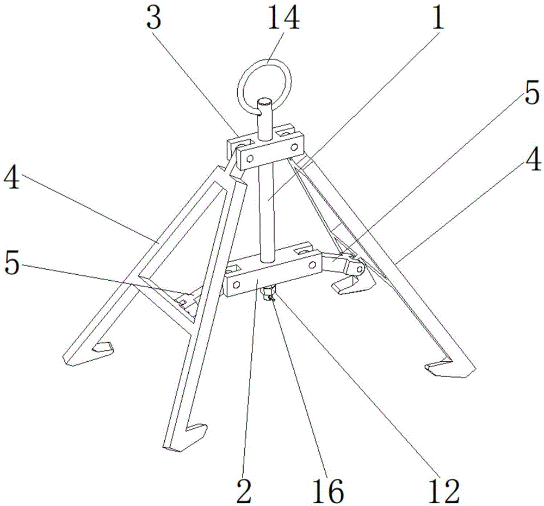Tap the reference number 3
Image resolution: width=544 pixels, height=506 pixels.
pos(154,18)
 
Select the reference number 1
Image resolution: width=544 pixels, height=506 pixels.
pos(437,18)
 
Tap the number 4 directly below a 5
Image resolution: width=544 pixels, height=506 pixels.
pos(533,159)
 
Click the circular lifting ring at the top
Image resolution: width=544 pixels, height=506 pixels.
pos(264,86)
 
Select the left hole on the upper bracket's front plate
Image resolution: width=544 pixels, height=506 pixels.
pos(249,159)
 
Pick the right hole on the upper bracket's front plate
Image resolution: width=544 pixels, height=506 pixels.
pos(294,147)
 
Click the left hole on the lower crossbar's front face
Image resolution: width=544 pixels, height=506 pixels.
pos(236,285)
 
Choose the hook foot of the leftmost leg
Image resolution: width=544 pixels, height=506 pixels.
pos(91,353)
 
